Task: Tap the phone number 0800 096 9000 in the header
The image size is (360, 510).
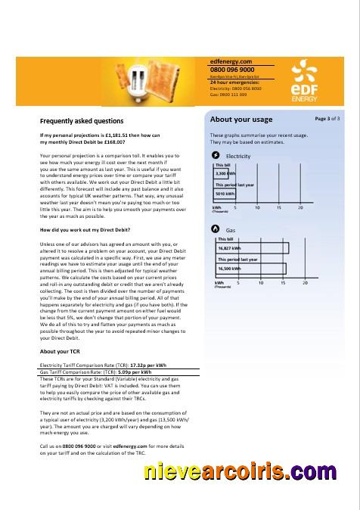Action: pos(232,69)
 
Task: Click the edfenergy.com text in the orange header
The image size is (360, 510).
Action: pos(231,61)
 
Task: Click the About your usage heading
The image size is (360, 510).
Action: pos(241,120)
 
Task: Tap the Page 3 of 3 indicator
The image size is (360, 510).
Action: pos(327,119)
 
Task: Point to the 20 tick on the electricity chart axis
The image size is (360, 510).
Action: pos(301,207)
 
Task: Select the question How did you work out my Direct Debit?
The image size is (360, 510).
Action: pos(85,229)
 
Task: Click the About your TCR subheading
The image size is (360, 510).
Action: pos(59,352)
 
